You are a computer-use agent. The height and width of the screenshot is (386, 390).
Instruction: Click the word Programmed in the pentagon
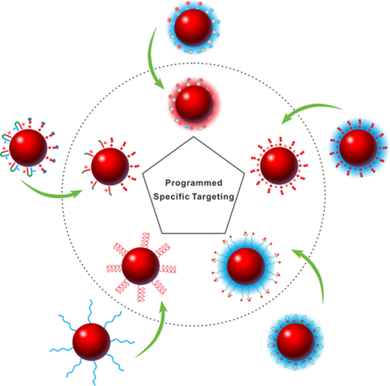point(193,184)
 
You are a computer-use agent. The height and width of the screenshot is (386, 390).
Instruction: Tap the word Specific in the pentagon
point(172,196)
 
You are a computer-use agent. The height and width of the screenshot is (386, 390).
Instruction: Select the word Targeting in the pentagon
point(213,197)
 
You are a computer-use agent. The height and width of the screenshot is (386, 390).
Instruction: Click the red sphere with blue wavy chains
point(91,342)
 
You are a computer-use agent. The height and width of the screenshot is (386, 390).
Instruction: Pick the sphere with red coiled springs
point(141,266)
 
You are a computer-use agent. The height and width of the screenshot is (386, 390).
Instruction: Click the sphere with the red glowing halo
point(194,104)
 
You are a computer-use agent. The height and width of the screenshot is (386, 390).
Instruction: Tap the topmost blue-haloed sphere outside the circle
point(193,28)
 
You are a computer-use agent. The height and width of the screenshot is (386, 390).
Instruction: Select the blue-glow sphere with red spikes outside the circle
point(358,148)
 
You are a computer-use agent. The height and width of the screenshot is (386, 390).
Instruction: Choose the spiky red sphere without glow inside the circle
point(279,166)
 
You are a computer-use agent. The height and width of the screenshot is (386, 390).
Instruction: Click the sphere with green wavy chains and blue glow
point(246,266)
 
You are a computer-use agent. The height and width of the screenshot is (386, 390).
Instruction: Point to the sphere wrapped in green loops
point(295,342)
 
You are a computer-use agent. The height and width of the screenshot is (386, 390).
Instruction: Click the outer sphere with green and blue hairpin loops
point(28,148)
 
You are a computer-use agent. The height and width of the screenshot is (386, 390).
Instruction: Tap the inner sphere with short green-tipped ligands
point(110,166)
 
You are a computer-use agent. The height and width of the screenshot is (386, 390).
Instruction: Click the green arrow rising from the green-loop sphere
point(316,271)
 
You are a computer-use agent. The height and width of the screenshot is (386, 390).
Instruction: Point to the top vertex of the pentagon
point(193,136)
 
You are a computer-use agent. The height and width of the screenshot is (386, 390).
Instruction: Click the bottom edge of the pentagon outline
point(193,233)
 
